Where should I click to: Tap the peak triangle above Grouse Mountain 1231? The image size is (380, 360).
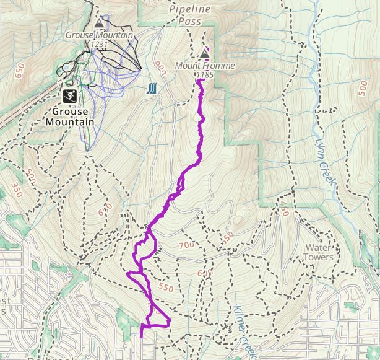point(99,24)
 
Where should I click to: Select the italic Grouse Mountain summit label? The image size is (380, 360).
point(99,35)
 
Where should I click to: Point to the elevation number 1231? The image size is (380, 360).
point(98,45)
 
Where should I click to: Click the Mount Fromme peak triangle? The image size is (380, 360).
point(204,55)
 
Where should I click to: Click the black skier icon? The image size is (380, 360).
point(70,95)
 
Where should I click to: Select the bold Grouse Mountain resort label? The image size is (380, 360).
point(70,116)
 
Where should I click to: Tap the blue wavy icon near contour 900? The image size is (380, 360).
point(152,89)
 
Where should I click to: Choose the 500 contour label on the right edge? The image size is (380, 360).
point(363,89)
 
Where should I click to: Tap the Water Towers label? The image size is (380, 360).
point(319,252)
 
